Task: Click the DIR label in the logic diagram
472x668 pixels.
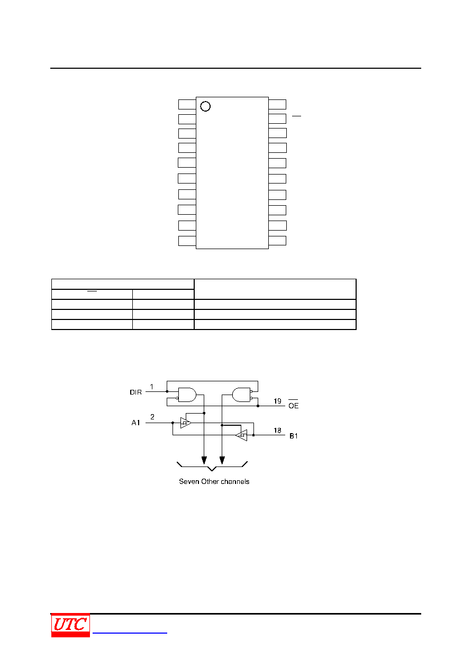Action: (135, 392)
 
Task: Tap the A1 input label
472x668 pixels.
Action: (135, 423)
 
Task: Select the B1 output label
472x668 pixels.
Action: (294, 436)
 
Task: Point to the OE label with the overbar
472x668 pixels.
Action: (294, 405)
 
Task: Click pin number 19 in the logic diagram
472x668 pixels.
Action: (277, 401)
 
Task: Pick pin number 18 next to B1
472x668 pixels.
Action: (277, 431)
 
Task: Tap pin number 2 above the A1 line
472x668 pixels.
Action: (152, 417)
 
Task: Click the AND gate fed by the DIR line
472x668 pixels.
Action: (187, 395)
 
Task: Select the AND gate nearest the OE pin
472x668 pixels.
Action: (241, 395)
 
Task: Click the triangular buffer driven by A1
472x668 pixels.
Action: (186, 423)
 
